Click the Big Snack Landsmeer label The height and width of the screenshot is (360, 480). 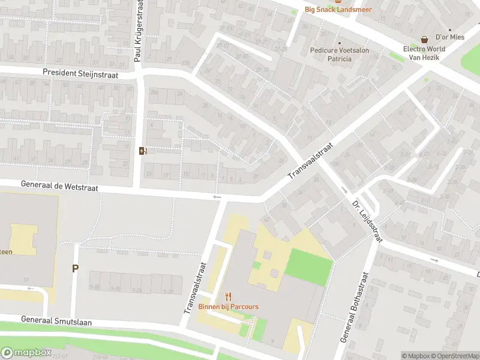pos(338,9)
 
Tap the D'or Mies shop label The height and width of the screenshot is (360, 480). pos(449,37)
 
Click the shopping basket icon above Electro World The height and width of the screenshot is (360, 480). pos(424,39)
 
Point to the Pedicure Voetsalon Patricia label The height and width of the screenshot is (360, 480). pos(339,55)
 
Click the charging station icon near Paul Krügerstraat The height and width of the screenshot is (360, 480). pos(142,151)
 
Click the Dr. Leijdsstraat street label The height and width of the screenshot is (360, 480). pos(366,220)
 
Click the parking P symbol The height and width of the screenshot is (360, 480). pos(76,268)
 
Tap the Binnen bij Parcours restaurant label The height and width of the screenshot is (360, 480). pos(229,307)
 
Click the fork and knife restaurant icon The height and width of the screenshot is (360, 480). pos(228,296)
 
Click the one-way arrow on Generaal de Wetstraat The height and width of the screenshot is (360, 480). pos(217,197)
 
